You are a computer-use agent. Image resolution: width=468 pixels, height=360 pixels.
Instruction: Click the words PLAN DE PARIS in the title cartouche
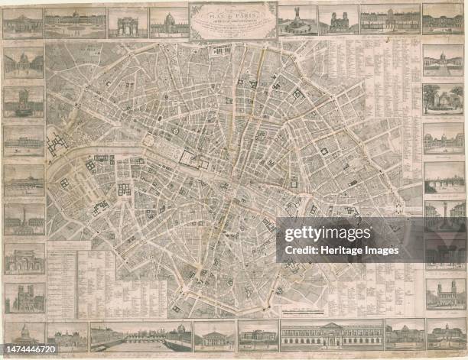point(233,15)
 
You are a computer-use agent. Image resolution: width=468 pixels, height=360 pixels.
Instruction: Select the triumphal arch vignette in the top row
point(128,23)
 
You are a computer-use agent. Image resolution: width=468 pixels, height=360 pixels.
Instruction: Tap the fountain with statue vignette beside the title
point(297,21)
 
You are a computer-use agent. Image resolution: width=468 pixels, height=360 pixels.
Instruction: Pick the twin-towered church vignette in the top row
point(338,21)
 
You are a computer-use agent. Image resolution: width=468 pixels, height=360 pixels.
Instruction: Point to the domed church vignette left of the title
point(169,22)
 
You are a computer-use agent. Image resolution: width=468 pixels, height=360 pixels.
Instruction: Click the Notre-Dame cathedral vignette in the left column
point(24,297)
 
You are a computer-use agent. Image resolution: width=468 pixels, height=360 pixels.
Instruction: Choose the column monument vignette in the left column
point(24,219)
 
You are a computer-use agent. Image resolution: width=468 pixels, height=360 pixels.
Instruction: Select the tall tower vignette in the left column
point(24,101)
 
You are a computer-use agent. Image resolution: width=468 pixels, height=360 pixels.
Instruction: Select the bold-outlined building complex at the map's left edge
point(57,143)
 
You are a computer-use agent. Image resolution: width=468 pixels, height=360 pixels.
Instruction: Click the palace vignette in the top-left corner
point(23,23)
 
